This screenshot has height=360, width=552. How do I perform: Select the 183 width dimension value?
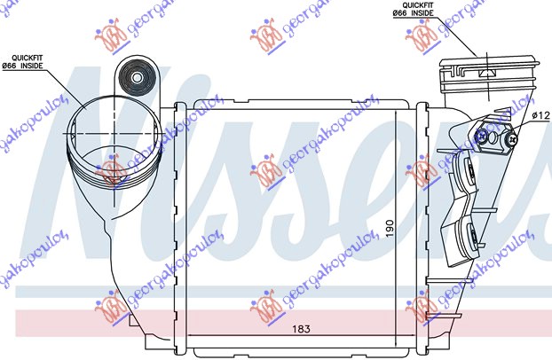(304, 329)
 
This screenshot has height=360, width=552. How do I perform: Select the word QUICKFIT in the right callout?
(409, 6)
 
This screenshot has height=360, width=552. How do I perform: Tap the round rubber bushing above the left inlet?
(138, 79)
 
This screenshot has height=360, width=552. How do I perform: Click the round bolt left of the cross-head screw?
(482, 137)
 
